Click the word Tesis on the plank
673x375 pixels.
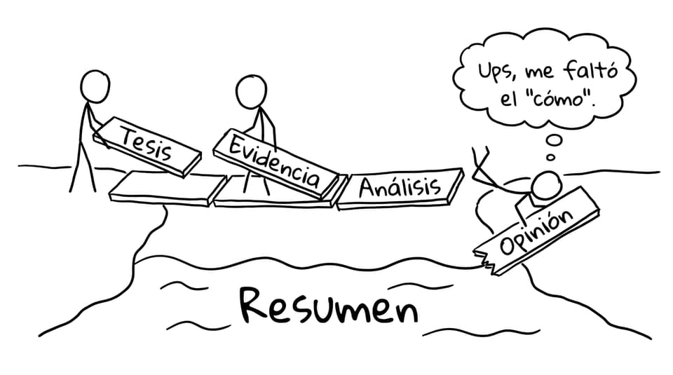point(147,144)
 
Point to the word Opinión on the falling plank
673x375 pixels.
point(537,232)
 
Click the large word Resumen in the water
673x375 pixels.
point(328,306)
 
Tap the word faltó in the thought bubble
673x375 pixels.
point(591,70)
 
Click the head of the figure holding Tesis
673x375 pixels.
point(95,86)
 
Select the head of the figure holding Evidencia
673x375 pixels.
point(252,92)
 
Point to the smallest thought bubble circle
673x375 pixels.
point(551,158)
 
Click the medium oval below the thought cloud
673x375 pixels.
point(554,140)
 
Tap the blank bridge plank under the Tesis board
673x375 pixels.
point(168,188)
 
